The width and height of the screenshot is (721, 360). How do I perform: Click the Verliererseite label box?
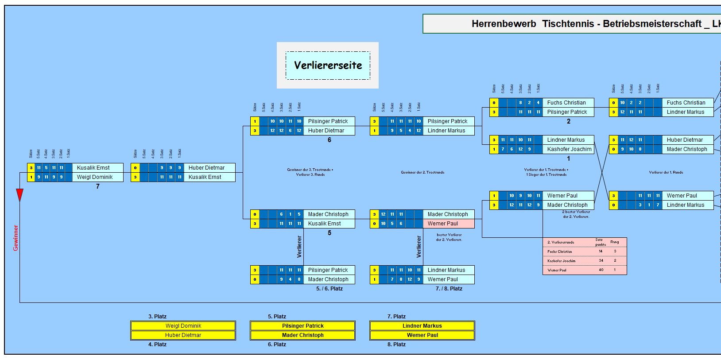tap(328, 66)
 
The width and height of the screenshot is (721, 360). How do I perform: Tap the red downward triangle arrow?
tap(19, 195)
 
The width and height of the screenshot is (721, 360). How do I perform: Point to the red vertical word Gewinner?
tap(16, 238)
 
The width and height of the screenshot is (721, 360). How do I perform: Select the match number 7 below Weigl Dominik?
tap(98, 186)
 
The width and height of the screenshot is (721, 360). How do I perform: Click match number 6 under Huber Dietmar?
tap(329, 140)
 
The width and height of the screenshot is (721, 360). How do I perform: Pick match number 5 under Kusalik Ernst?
tap(329, 233)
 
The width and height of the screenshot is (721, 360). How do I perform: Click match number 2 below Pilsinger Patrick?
tap(569, 121)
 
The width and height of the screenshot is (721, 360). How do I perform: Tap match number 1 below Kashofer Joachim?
tap(569, 159)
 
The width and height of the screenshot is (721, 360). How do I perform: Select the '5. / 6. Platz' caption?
tap(329, 289)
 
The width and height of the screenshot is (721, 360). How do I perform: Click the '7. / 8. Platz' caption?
tap(449, 289)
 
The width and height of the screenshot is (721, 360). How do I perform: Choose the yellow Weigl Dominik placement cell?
tap(183, 326)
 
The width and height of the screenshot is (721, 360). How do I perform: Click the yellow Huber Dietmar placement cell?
tap(183, 335)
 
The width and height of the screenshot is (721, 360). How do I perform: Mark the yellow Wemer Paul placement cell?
tap(422, 335)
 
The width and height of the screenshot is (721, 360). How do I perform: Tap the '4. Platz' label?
tap(157, 345)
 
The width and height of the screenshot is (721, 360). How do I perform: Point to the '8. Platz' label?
tap(396, 345)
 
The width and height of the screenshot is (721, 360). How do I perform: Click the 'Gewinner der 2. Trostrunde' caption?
tap(423, 172)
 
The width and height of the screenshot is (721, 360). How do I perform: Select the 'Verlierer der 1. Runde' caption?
tap(666, 172)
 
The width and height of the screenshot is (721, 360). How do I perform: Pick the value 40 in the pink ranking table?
tap(601, 270)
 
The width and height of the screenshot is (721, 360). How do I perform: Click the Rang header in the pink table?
tap(615, 242)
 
